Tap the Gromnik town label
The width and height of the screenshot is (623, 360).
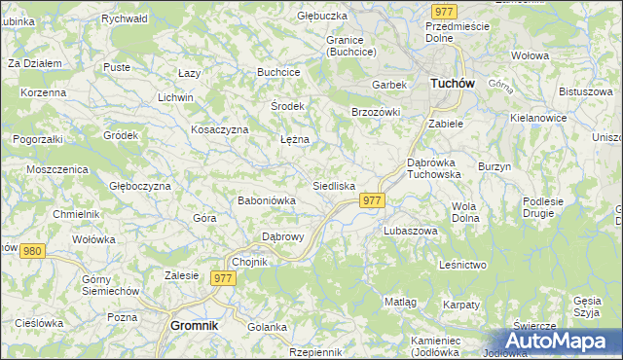tap(194, 326)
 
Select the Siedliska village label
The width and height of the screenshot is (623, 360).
tap(334, 185)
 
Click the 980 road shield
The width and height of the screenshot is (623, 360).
tap(33, 251)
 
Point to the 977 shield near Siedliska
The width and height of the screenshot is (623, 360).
tap(373, 199)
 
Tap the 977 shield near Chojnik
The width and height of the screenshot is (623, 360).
tap(224, 278)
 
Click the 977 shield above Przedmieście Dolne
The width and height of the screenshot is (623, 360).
tap(444, 11)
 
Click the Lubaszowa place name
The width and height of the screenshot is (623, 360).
tap(410, 232)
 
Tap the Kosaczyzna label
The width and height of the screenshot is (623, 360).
tap(220, 129)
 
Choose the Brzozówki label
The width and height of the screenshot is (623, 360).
tap(376, 112)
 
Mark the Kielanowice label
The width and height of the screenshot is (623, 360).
tap(538, 117)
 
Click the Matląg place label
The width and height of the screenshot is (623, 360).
tap(400, 302)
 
